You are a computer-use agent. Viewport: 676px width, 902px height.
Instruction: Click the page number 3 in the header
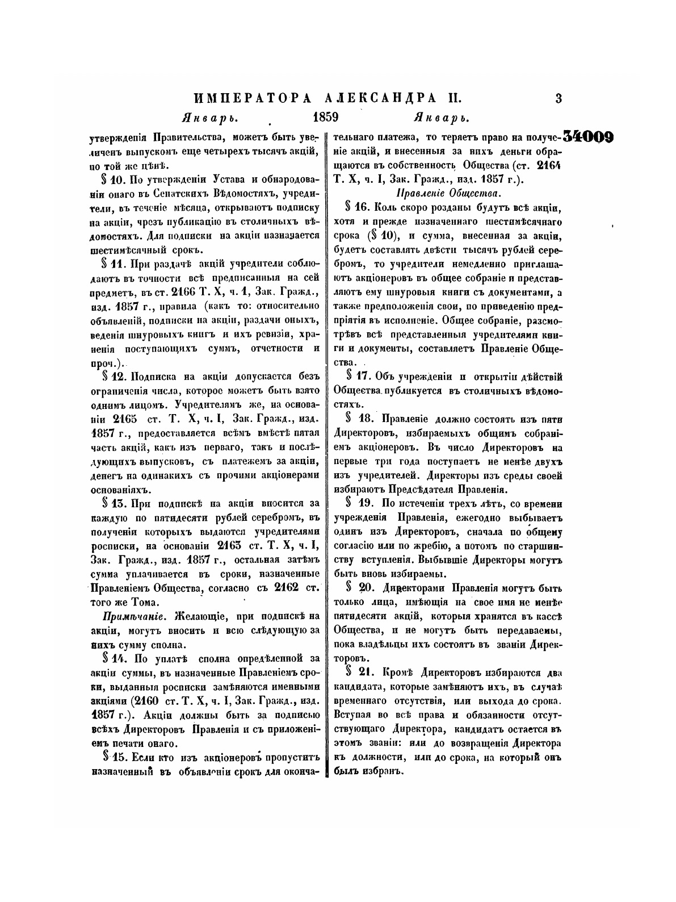(559, 98)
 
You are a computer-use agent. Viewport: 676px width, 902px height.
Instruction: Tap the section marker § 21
(359, 672)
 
